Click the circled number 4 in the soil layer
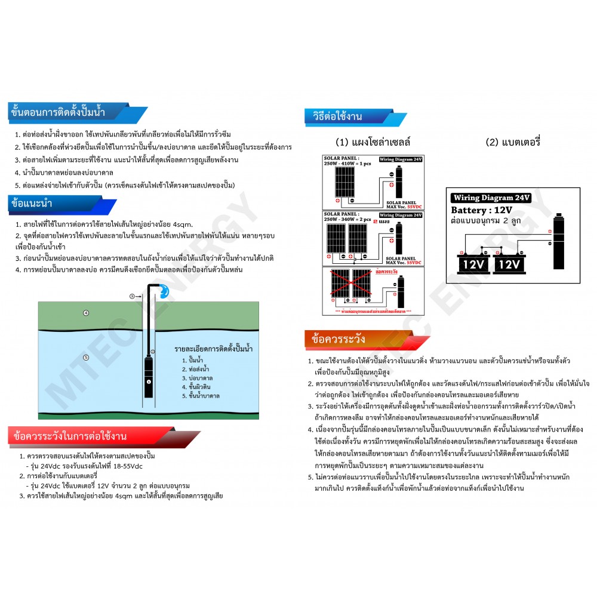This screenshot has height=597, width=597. pos(86,313)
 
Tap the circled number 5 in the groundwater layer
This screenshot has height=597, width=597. pos(86,358)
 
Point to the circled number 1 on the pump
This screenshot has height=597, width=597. pos(149,380)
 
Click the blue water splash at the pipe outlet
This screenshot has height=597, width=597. pos(163,290)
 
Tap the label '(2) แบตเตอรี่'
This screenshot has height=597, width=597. pos(513,143)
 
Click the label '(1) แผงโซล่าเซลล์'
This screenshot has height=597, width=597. pos(373,143)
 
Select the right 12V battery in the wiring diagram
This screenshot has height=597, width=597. pos(509,263)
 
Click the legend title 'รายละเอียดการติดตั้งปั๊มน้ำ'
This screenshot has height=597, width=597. pos(213,347)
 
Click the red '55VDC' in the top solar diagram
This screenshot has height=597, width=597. pos(413,206)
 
